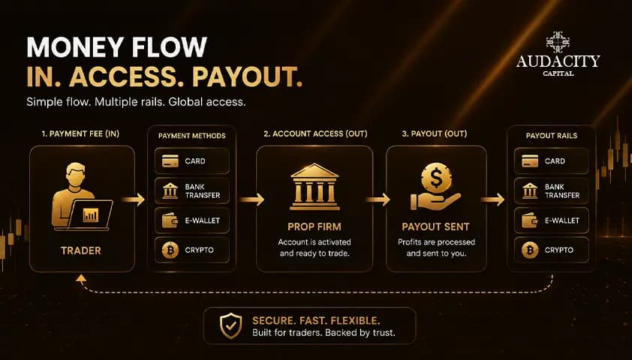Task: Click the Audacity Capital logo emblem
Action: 558,42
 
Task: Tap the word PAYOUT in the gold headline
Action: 248,76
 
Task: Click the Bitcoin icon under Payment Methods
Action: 170,250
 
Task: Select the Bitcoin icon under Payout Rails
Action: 530,250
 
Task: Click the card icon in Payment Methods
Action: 170,161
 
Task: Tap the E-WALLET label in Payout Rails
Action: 562,220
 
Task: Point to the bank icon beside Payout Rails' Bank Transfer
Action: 530,190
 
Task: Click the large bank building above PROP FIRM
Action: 314,187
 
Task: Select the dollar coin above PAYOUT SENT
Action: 436,178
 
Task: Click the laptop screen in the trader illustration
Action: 91,214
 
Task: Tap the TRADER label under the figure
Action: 81,250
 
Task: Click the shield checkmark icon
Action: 230,325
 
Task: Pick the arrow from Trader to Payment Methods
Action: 134,199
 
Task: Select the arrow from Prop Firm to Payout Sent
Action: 378,199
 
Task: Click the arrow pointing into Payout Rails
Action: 492,199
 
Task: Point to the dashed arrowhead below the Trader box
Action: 81,277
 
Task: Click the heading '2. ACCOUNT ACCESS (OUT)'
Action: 315,133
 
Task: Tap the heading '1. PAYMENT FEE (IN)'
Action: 80,133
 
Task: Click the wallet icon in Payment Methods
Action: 170,220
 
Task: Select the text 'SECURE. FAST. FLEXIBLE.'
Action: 317,321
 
